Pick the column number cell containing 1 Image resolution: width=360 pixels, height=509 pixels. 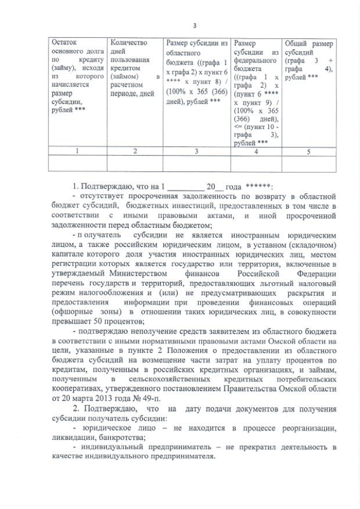pos(76,151)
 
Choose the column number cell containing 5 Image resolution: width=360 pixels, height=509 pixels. pos(308,151)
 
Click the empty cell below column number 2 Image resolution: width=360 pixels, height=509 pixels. pos(134,163)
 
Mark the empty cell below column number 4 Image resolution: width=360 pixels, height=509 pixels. pos(256,163)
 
